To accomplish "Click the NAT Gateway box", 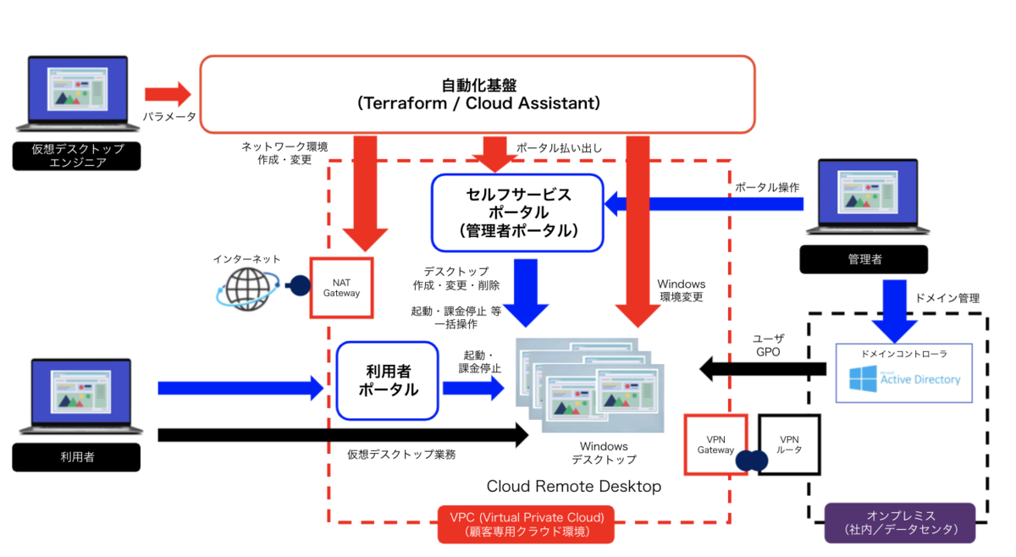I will (341, 288).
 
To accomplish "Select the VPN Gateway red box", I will (715, 444).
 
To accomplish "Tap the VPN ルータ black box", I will (789, 444).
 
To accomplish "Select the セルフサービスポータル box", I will (517, 212).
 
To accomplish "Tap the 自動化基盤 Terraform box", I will (477, 94).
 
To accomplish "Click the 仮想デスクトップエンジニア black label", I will (76, 156).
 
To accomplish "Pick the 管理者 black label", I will (863, 259).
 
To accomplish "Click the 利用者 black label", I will (76, 457).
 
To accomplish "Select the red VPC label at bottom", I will (526, 524).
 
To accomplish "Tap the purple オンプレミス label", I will (900, 523).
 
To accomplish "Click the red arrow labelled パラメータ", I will (168, 93).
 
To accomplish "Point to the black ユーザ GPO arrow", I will (762, 368).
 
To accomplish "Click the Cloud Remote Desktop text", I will (573, 487).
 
